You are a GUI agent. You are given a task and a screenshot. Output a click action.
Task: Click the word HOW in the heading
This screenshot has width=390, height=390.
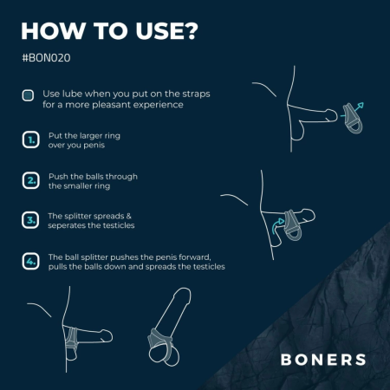pos(52,31)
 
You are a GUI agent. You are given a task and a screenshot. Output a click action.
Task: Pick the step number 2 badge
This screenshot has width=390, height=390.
pos(29,179)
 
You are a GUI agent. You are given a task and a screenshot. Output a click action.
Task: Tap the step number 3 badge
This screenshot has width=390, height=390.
pos(29,220)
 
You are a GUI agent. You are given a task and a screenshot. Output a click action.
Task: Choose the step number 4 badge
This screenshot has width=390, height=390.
pos(29,262)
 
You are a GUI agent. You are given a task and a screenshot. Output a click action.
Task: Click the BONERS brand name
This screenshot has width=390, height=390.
pos(322,359)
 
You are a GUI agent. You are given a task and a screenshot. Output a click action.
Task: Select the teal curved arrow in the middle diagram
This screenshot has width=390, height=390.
pos(279,224)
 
